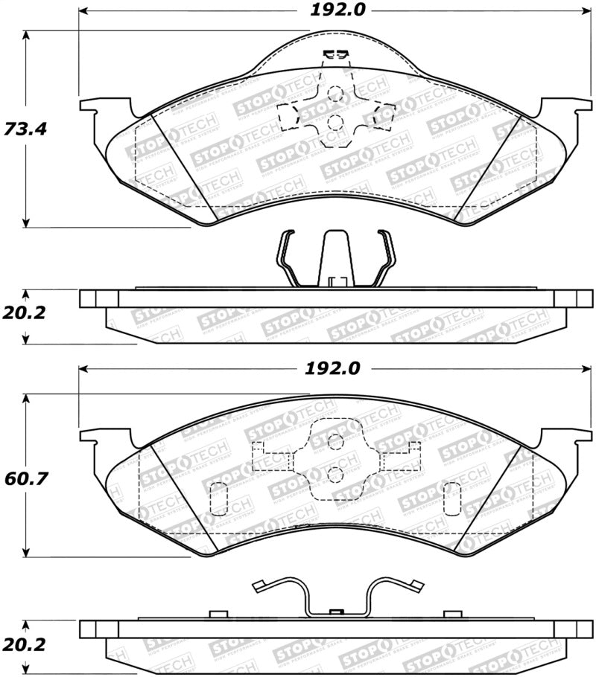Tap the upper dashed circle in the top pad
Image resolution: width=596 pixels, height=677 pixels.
(x=335, y=94)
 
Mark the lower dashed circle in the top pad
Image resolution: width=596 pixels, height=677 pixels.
(x=335, y=123)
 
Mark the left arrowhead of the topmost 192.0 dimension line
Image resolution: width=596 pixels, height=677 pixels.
(x=83, y=11)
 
